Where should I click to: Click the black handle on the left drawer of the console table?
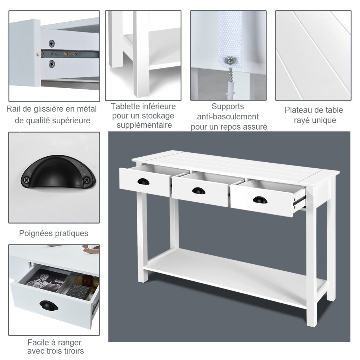tap(143, 182)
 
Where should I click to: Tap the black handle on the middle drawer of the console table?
tap(198, 191)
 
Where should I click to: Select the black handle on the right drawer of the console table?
tap(260, 200)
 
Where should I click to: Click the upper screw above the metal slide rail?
tap(51, 43)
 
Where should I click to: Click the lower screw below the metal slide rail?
tap(52, 63)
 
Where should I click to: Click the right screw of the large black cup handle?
tap(86, 180)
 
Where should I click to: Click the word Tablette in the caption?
tap(125, 106)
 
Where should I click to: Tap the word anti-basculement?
tap(228, 117)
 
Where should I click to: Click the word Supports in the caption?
tap(228, 107)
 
